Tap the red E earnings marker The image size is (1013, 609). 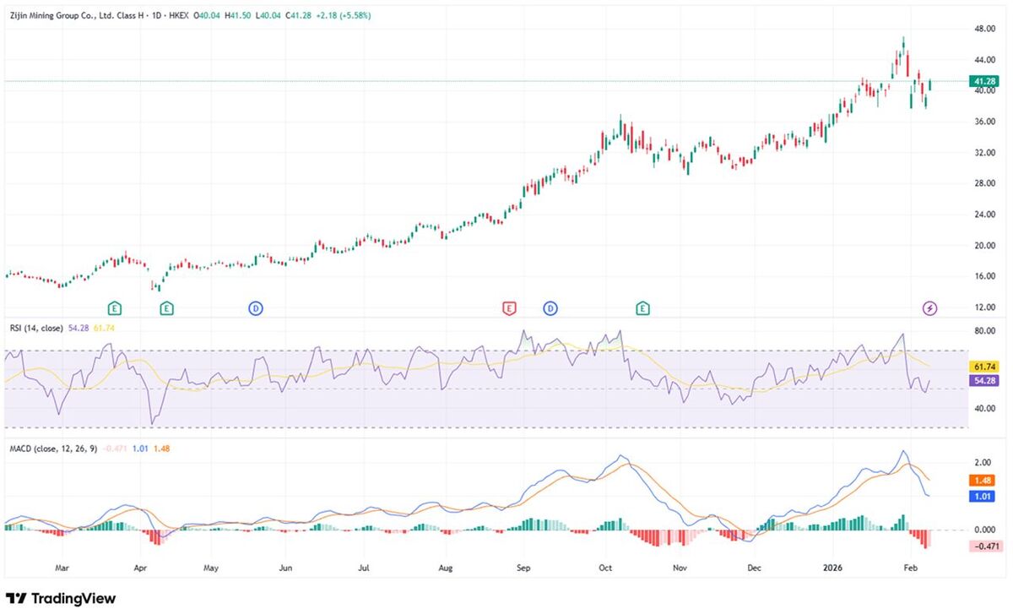click(508, 308)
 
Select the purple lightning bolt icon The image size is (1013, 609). click(929, 308)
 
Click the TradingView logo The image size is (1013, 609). click(60, 597)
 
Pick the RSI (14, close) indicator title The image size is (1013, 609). click(35, 328)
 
